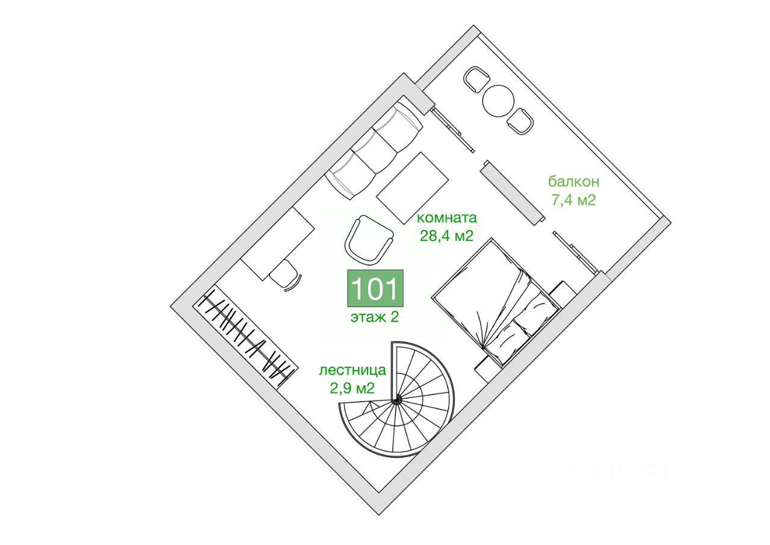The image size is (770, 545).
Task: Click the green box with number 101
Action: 375,289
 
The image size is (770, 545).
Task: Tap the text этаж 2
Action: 375,317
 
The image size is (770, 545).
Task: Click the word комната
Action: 446,218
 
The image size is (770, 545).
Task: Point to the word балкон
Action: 573,182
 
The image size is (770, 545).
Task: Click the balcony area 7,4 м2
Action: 573,200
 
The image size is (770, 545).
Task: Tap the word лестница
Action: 353,370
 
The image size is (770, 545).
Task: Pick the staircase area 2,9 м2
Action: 353,388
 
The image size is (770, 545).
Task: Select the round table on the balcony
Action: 499,101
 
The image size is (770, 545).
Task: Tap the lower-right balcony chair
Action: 520,120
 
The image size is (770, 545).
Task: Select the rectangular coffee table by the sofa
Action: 413,187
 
